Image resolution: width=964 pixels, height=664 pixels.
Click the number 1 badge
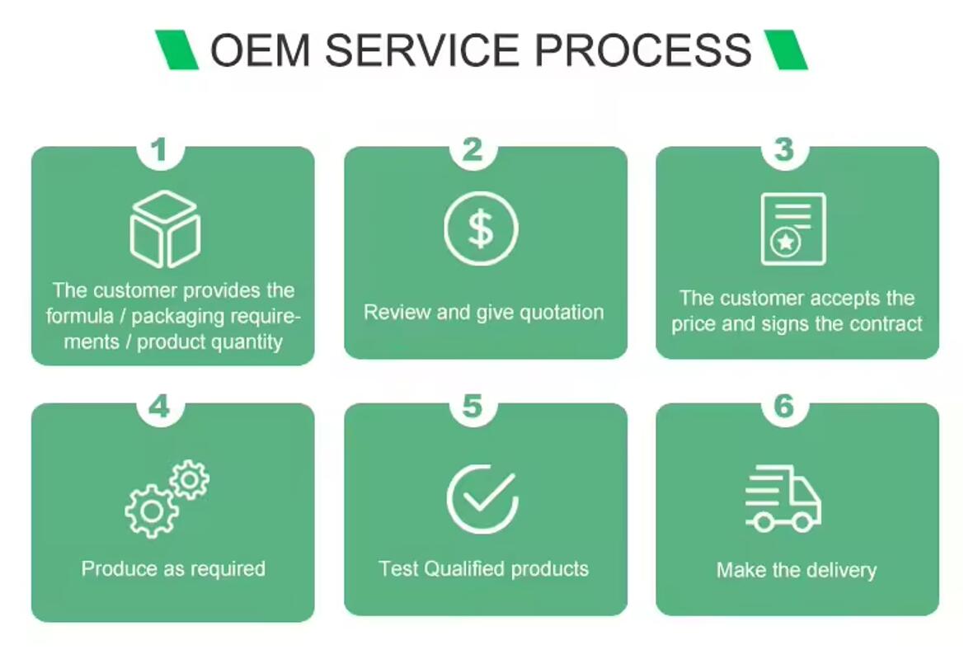159,150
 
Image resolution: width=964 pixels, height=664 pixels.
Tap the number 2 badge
472,150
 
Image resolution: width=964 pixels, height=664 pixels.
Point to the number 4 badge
159,407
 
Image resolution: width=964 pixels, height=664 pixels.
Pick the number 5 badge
472,407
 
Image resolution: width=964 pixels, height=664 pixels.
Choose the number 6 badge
783,407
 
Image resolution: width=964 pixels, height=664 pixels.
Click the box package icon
165,228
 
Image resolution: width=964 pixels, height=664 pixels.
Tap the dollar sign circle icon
481,228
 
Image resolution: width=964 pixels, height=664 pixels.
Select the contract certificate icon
792,228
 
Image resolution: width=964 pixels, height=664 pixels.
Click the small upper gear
190,478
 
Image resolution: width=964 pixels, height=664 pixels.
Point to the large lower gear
152,511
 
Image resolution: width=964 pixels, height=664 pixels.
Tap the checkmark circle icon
482,497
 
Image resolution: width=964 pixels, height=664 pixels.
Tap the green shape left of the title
177,49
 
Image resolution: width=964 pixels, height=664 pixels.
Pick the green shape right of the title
785,49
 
